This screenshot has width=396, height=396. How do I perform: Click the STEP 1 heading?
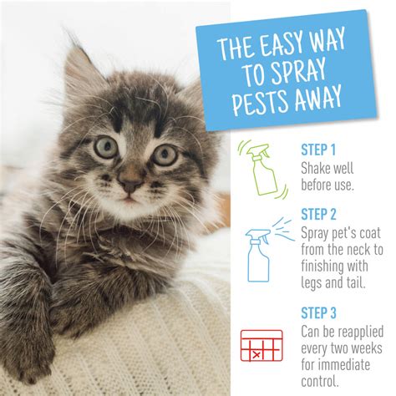[319, 150]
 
